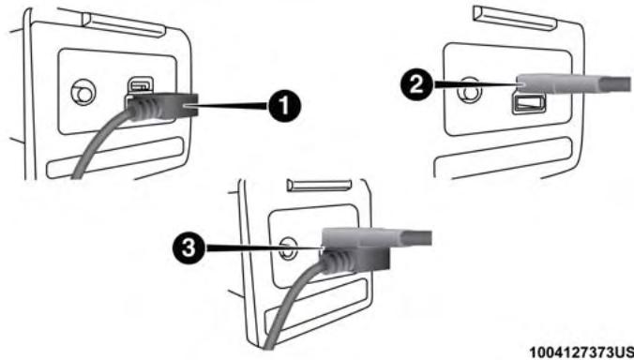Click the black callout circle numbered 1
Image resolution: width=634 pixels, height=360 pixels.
click(284, 106)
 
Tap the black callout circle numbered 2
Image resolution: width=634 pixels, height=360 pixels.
click(417, 84)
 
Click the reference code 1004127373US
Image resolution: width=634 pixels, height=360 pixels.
click(581, 352)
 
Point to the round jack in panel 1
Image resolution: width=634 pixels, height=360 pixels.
click(83, 93)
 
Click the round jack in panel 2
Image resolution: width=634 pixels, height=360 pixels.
click(469, 91)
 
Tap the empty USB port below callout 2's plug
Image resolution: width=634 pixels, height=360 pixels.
click(529, 103)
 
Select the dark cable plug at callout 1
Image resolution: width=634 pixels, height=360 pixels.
click(161, 105)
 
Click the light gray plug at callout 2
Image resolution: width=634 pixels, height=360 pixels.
click(574, 83)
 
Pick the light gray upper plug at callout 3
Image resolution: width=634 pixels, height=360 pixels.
click(376, 237)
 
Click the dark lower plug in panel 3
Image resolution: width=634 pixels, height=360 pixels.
click(355, 260)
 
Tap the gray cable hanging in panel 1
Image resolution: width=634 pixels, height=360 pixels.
click(98, 144)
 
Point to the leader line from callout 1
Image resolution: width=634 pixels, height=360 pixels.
click(229, 106)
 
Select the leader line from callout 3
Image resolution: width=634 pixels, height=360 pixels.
click(264, 247)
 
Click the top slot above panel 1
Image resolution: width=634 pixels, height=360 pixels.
click(123, 25)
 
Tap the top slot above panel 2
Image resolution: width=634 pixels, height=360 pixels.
click(515, 18)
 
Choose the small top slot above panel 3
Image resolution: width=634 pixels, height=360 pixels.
click(319, 185)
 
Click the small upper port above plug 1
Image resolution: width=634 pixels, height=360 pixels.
click(141, 85)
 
